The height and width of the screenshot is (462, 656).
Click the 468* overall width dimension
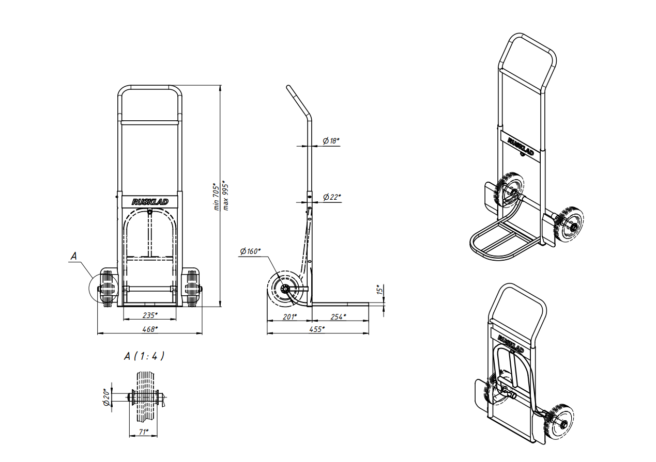[x=150, y=329]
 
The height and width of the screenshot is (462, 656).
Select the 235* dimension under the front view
[x=150, y=315]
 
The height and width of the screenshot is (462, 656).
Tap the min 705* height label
[x=216, y=197]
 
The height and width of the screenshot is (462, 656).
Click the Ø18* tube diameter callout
[x=331, y=141]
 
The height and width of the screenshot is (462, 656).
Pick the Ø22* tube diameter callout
[x=332, y=197]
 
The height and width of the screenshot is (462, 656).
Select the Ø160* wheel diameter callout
[x=250, y=251]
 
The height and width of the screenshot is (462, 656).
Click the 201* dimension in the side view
[x=289, y=316]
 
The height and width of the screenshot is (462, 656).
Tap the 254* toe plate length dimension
[x=338, y=316]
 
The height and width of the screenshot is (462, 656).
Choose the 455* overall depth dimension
[x=317, y=329]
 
